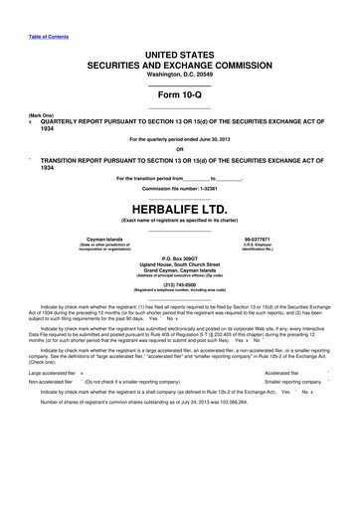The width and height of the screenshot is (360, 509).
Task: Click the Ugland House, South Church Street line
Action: tap(180, 265)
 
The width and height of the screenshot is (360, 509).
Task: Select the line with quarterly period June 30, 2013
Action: tap(180, 141)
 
